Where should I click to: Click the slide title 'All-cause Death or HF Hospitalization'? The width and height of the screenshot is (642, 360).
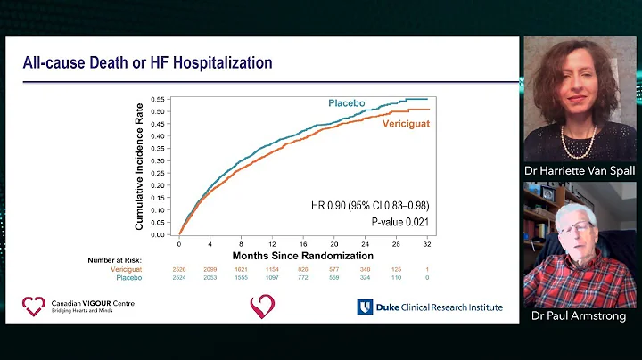(147, 62)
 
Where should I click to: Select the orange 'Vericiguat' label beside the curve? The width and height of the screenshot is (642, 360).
(406, 123)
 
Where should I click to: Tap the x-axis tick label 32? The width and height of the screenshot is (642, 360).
(428, 243)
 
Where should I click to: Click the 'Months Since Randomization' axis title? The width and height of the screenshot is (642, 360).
(302, 254)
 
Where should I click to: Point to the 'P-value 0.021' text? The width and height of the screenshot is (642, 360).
(400, 220)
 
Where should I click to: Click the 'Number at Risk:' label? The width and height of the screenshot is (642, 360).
(115, 260)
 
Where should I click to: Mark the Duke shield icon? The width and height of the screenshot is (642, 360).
(365, 307)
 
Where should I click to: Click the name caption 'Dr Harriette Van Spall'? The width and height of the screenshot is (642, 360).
(580, 170)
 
